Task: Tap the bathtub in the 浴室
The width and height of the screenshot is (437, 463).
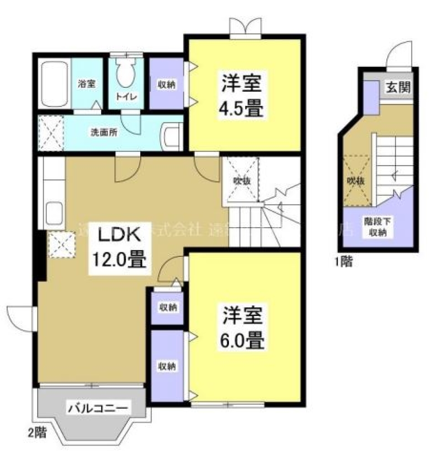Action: pyautogui.click(x=55, y=83)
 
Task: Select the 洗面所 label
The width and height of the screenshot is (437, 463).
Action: pyautogui.click(x=104, y=133)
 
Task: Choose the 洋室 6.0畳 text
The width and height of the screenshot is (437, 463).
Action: pyautogui.click(x=244, y=327)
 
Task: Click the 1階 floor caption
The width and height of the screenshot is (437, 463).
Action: pyautogui.click(x=343, y=262)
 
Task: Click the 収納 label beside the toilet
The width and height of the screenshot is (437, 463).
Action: pyautogui.click(x=166, y=84)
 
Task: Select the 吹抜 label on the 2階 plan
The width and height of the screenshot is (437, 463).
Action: pyautogui.click(x=240, y=181)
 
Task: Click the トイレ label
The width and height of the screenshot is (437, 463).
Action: pyautogui.click(x=124, y=97)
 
